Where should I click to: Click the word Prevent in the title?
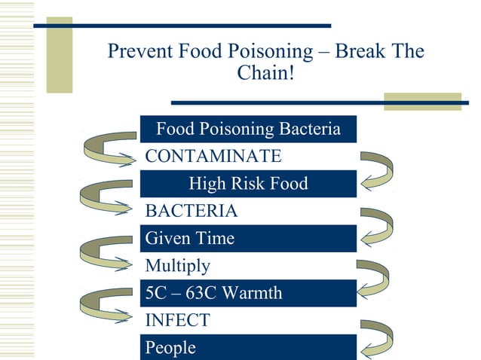coord(140,52)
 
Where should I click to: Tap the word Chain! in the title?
coord(265,75)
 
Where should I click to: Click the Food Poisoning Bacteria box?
coord(248,130)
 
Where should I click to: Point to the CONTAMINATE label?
coord(213,157)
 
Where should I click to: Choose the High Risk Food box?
coord(248,184)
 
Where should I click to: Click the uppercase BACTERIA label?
coord(191,211)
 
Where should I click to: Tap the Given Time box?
coord(248,239)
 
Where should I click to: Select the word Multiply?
coord(178,266)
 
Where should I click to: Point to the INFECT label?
coord(177,321)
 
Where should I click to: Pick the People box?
coord(248,347)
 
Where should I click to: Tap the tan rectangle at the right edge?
coord(422,102)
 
